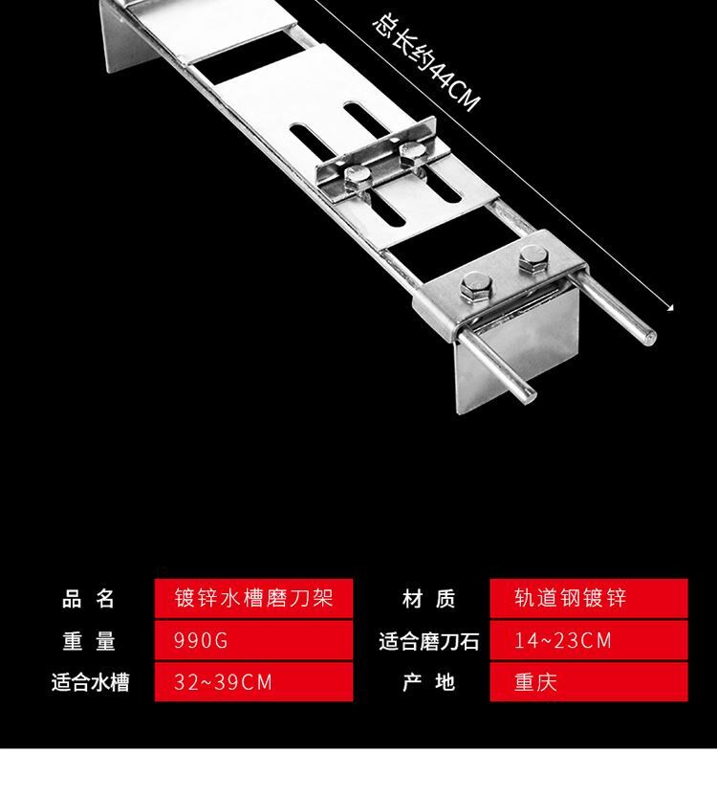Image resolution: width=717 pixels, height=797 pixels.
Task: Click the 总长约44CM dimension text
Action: click(x=425, y=63)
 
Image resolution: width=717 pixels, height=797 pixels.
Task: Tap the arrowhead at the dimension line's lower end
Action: click(x=670, y=306)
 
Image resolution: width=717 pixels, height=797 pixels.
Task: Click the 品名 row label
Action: click(x=88, y=599)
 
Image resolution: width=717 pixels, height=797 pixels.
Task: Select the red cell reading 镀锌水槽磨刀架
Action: click(x=253, y=598)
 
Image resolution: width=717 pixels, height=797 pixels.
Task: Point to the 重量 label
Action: click(x=89, y=640)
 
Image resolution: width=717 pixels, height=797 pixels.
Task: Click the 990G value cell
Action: click(x=253, y=640)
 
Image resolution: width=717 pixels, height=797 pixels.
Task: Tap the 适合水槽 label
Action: click(x=91, y=682)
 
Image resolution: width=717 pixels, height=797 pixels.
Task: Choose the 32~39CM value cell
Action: click(x=253, y=681)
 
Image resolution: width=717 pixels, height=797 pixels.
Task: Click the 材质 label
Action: click(x=428, y=599)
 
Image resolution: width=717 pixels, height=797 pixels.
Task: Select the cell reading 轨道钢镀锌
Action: click(x=589, y=598)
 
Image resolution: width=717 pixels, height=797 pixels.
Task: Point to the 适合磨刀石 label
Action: click(x=429, y=641)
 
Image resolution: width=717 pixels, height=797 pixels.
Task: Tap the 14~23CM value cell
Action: click(x=589, y=640)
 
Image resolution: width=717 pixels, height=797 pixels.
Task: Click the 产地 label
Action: click(x=428, y=682)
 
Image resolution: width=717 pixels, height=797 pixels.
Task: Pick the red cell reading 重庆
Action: click(x=589, y=681)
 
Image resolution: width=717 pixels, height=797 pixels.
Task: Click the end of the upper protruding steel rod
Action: click(x=649, y=337)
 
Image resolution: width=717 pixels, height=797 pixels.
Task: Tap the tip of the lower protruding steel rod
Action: click(x=528, y=394)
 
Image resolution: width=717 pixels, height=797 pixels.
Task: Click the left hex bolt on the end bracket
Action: click(x=476, y=286)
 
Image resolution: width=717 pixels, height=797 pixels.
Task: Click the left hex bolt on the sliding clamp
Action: click(x=358, y=175)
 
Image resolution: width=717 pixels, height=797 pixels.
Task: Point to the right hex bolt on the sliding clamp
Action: click(x=412, y=150)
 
